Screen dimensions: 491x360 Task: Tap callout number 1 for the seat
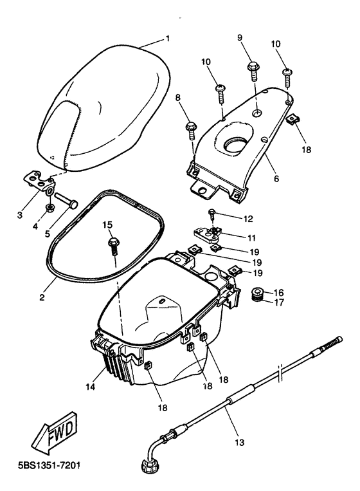pyautogui.click(x=168, y=39)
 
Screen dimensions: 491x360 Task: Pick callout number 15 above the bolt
pyautogui.click(x=107, y=224)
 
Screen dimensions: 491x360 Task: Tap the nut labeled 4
pyautogui.click(x=50, y=208)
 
